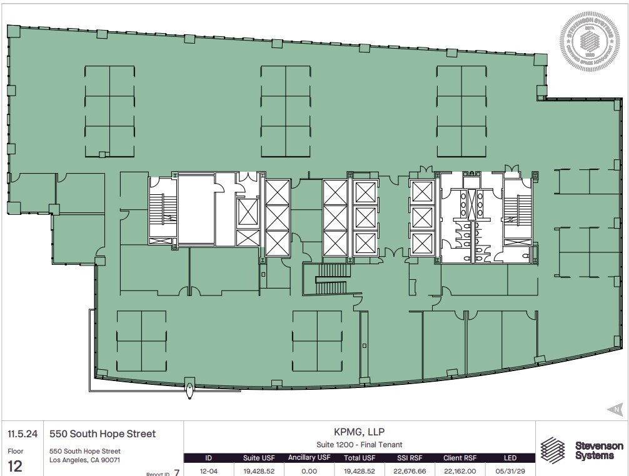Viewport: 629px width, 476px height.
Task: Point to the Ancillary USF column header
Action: point(309,458)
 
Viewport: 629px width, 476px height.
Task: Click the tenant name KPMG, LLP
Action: point(359,431)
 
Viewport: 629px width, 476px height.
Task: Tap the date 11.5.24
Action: point(19,434)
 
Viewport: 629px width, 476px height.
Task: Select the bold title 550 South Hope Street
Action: point(103,434)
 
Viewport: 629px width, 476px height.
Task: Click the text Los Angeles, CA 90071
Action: point(84,460)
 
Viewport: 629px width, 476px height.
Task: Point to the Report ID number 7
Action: point(177,472)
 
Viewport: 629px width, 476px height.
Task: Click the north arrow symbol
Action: point(615,410)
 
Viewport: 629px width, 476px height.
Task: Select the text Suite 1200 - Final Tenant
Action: point(359,444)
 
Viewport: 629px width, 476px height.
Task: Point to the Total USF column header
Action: point(359,458)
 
